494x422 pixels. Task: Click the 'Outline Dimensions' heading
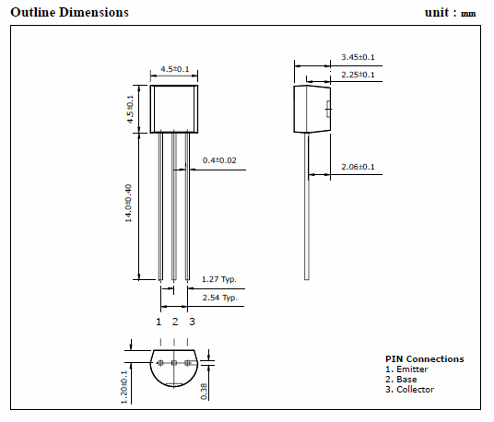[x=70, y=12]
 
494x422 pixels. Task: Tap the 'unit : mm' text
[x=450, y=13]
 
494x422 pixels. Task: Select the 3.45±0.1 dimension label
[x=358, y=57]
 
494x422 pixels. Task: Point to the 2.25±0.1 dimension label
[x=358, y=75]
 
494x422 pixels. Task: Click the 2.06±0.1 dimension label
[x=358, y=167]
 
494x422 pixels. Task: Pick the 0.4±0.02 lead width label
[x=219, y=160]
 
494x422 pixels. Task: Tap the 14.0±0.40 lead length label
[x=128, y=203]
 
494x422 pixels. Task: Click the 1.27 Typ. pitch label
[x=219, y=279]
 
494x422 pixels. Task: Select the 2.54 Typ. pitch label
[x=220, y=298]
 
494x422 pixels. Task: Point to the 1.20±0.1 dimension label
[x=124, y=387]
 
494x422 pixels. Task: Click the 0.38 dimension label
[x=204, y=392]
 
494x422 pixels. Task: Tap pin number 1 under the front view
[x=159, y=322]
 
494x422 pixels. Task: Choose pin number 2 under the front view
[x=175, y=322]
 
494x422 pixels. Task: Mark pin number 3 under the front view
[x=192, y=322]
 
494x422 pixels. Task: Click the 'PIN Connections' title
[x=425, y=359]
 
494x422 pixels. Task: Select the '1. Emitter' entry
[x=406, y=369]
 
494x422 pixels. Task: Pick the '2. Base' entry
[x=401, y=380]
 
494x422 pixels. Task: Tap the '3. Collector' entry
[x=409, y=390]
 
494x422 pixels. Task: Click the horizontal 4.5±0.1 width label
[x=175, y=69]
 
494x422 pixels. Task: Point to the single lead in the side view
[x=307, y=206]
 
